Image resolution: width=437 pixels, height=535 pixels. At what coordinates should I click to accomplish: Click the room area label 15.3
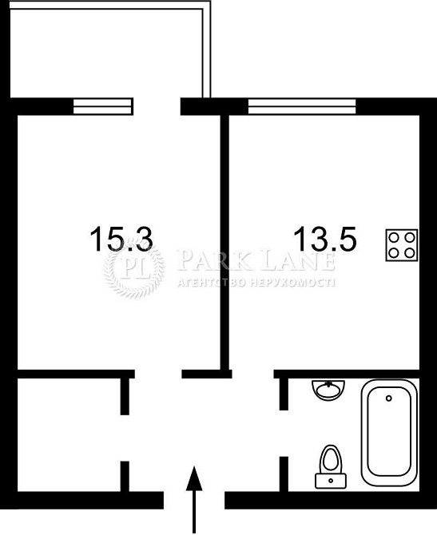[x=121, y=239]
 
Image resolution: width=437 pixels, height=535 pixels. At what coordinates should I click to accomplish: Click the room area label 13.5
[x=324, y=239]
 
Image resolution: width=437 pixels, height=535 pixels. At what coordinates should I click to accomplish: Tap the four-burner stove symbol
[x=402, y=245]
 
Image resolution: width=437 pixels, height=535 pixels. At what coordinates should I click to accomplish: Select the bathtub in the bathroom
[x=389, y=433]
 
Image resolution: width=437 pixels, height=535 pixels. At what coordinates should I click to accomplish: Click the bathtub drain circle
[x=388, y=398]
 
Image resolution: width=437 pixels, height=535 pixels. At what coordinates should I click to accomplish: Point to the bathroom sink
[x=328, y=390]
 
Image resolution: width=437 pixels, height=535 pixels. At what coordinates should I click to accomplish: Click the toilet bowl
[x=330, y=459]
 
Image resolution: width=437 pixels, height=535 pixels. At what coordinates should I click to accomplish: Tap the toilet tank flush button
[x=331, y=481]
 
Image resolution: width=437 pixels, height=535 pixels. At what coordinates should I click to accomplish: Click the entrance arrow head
[x=194, y=478]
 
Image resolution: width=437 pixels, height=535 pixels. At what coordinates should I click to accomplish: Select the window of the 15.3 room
[x=103, y=106]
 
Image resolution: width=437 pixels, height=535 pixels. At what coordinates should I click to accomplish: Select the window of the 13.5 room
[x=302, y=106]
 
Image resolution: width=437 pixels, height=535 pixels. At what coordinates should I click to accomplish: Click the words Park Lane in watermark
[x=256, y=260]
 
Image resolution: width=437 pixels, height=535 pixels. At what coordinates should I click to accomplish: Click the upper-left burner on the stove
[x=394, y=237]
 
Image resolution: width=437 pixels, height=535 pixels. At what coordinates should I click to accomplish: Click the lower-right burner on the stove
[x=410, y=253]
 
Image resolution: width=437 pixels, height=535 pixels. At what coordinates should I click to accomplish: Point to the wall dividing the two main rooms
[x=224, y=242]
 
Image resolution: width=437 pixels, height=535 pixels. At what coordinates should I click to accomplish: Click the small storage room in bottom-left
[x=69, y=434]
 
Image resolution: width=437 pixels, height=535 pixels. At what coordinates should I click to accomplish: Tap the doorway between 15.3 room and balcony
[x=157, y=106]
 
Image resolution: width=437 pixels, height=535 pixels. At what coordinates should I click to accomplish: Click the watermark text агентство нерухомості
[x=256, y=282]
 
